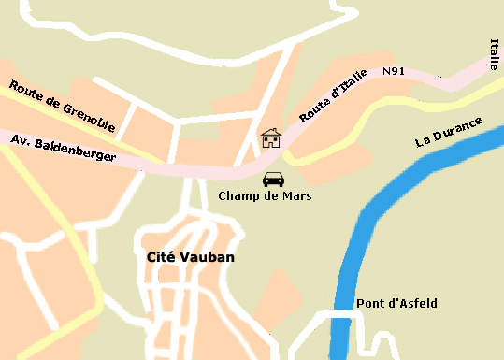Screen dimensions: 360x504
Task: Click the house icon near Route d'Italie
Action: (271, 138)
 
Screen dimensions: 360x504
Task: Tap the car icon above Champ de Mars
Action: (273, 179)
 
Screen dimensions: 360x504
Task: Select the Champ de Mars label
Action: (265, 196)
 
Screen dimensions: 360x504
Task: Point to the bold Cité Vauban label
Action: (191, 256)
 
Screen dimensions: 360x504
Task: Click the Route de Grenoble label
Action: (63, 106)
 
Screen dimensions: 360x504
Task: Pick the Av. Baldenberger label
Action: (64, 149)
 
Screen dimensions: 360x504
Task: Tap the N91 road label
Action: (394, 71)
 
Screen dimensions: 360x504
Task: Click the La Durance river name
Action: (449, 132)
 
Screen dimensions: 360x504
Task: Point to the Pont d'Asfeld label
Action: (396, 304)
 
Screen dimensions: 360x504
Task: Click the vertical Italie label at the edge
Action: (494, 54)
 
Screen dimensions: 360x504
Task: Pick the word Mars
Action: (295, 196)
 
